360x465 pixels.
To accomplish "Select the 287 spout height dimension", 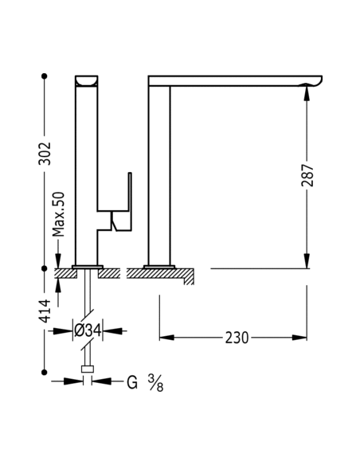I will [308, 175].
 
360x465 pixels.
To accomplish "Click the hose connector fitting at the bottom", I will [88, 369].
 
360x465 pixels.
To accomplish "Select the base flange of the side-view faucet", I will [159, 266].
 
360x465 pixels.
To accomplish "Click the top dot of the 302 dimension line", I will [45, 76].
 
